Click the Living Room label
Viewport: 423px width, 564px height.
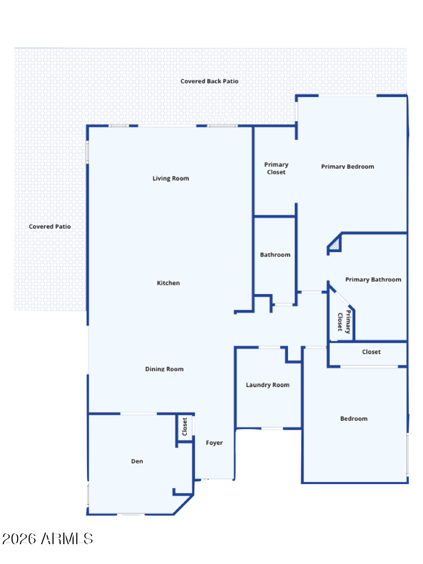[x=171, y=178]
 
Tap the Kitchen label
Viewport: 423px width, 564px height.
[x=169, y=283]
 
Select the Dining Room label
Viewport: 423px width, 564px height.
[x=164, y=369]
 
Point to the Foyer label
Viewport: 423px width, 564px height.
[x=214, y=443]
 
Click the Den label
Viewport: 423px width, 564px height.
[x=137, y=461]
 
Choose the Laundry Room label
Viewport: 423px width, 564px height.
[x=268, y=385]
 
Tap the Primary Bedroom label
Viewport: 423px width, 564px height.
[x=348, y=166]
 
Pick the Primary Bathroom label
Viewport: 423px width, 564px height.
[x=373, y=279]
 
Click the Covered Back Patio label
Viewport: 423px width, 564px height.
[x=209, y=82]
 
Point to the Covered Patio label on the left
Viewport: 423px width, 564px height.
[x=50, y=226]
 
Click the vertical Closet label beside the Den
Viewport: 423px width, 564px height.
[x=185, y=427]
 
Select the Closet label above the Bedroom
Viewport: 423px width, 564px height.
[x=371, y=352]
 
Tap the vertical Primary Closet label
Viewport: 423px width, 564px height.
[x=344, y=322]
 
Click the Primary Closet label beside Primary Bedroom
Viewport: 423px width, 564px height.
[x=276, y=169]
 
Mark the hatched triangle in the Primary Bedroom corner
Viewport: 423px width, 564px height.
[x=335, y=245]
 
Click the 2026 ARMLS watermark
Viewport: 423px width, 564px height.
[x=47, y=539]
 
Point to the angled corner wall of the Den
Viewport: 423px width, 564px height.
[x=184, y=505]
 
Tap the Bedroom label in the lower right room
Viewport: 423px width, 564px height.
[x=354, y=419]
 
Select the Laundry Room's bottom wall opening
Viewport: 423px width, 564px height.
[x=272, y=429]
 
